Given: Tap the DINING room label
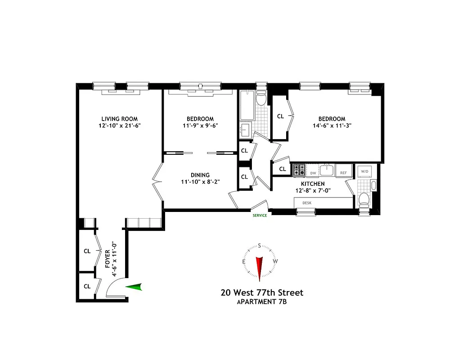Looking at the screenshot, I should coord(200,175).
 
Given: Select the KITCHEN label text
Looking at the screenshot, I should coord(313,184).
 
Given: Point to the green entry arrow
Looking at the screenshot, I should coord(134,287).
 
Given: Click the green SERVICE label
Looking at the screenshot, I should coord(260,216).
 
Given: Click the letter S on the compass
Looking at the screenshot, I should coord(260,246).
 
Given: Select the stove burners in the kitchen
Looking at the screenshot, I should coord(299,170).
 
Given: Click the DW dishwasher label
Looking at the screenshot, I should coord(313,173).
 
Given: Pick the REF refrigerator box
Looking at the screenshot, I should coord(343,172).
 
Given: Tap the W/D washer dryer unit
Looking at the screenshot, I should coord(363,171).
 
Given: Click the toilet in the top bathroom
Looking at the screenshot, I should coord(261,99).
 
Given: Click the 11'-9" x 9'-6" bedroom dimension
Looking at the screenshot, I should coord(200,126).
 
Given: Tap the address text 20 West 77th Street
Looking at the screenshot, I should coord(262,293).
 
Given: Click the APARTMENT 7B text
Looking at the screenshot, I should coord(262,302).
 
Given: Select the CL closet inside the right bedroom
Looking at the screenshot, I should coord(281,116).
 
